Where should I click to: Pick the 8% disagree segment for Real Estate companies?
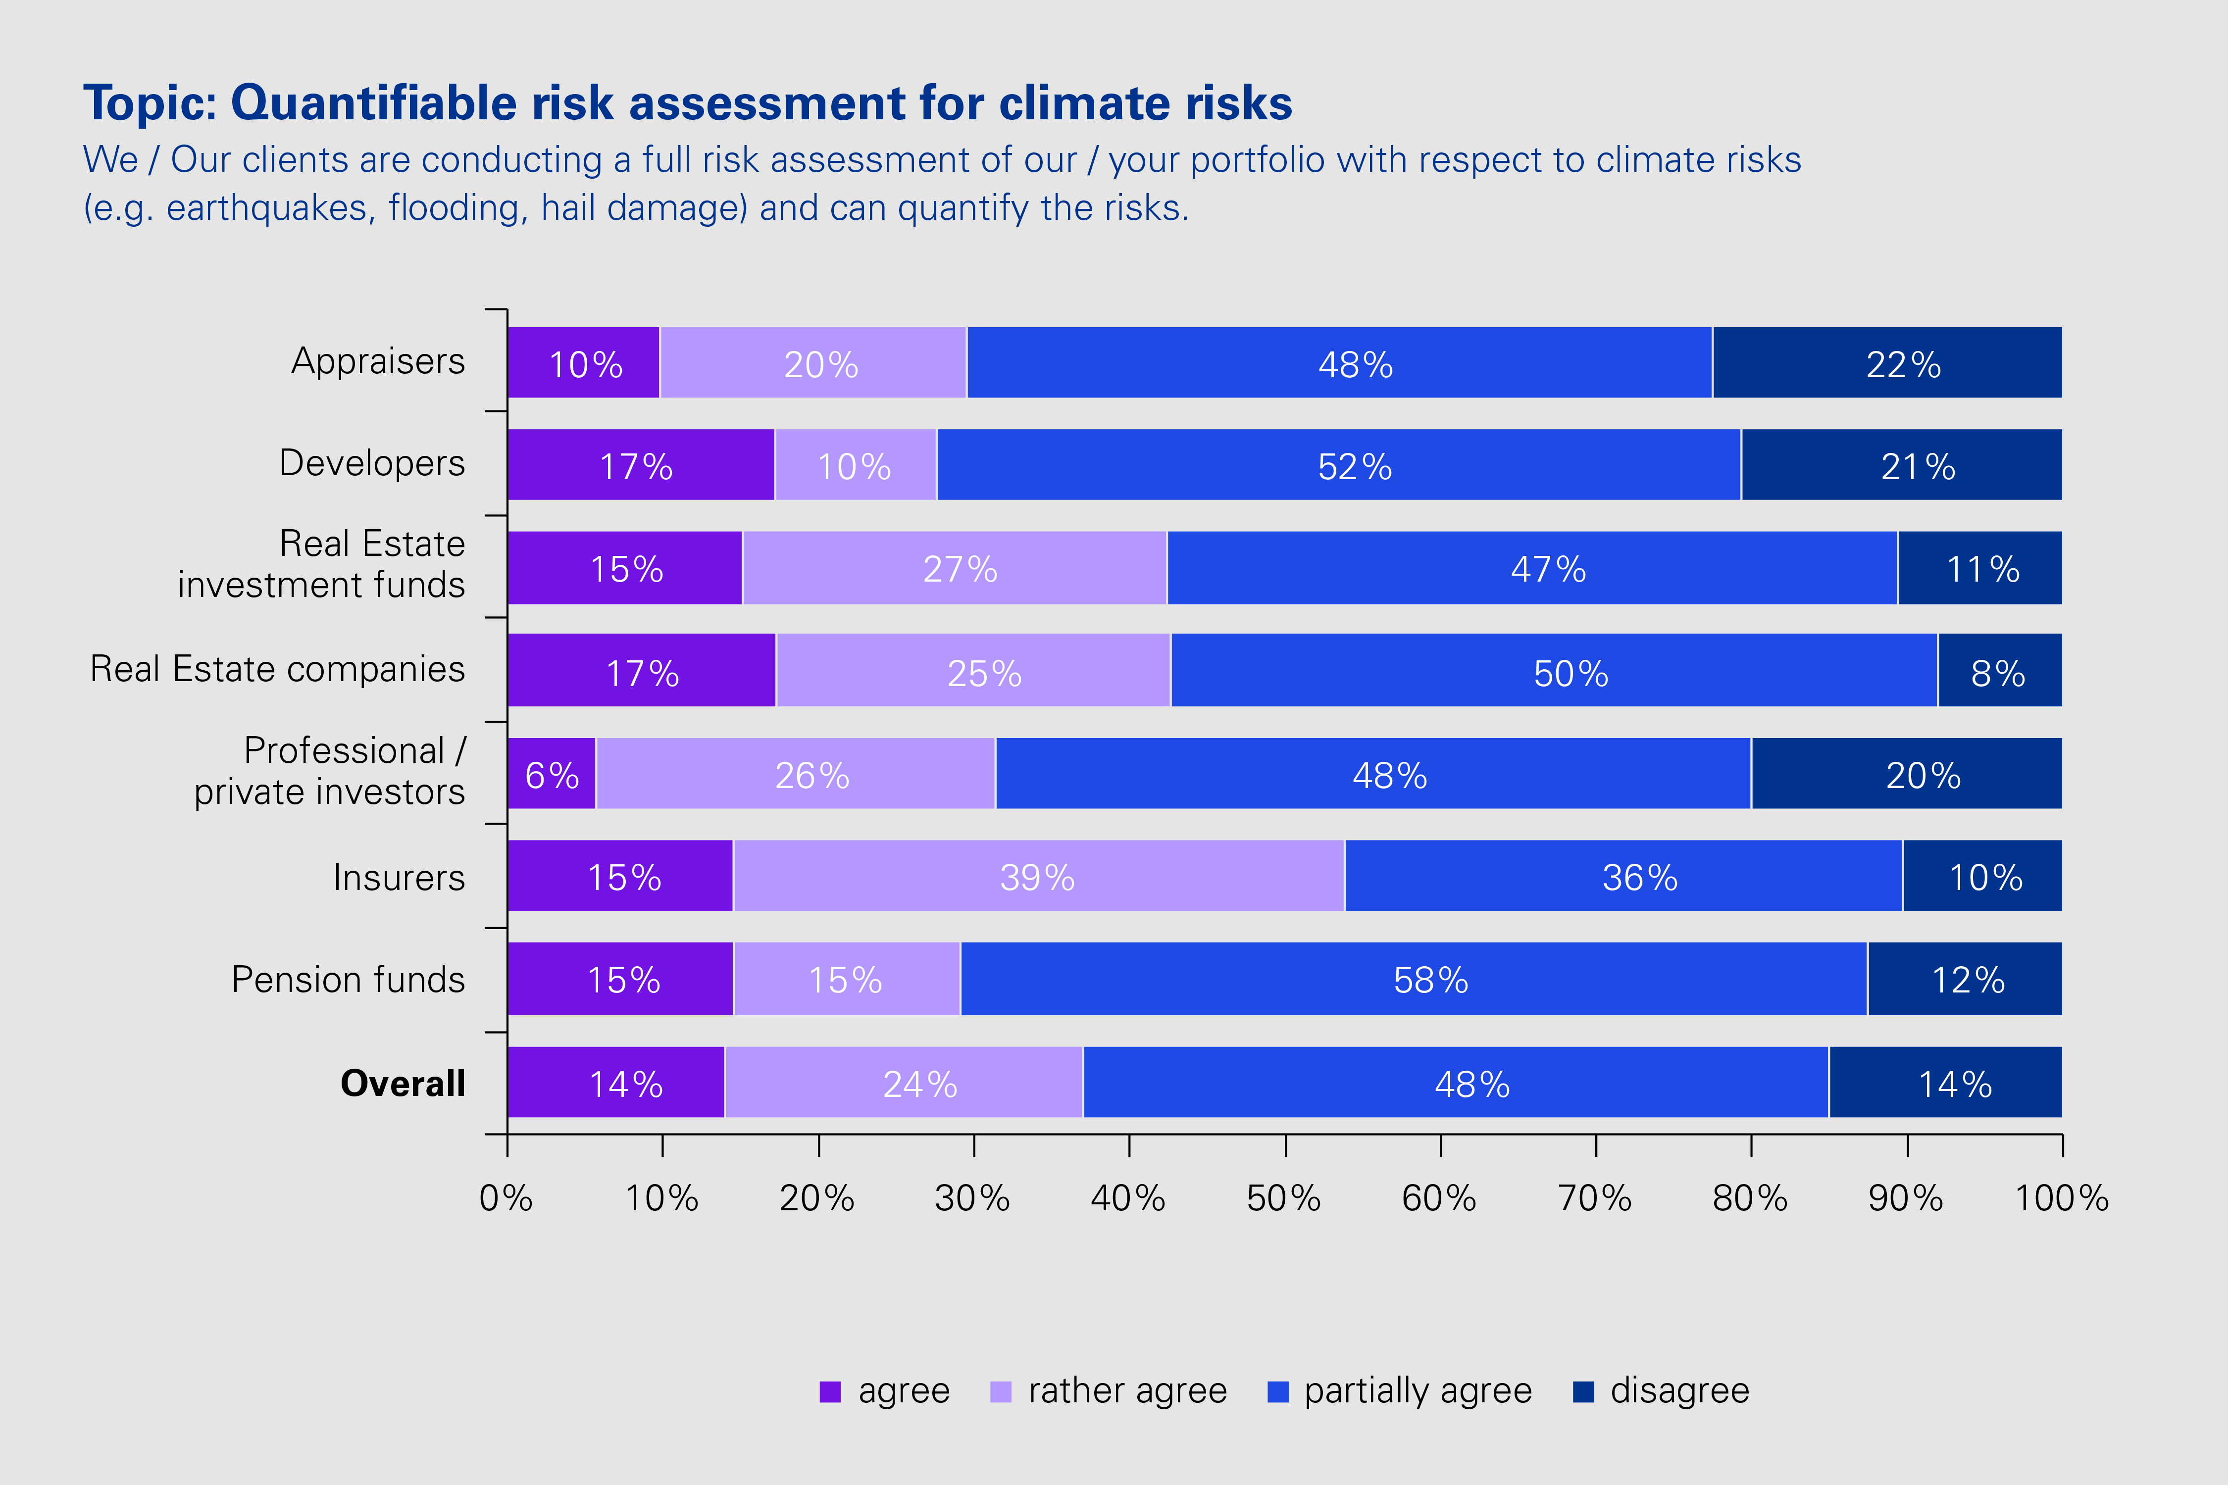1999,672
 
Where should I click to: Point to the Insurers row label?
399,877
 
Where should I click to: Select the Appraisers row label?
378,361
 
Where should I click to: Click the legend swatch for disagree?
1583,1391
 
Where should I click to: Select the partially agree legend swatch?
1278,1391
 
